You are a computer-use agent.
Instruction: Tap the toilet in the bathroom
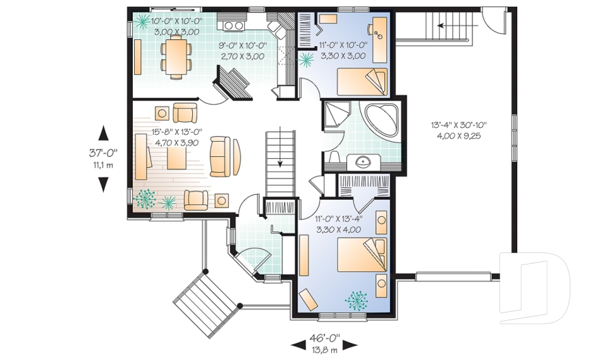tap(334, 158)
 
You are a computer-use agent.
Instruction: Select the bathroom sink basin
tap(364, 162)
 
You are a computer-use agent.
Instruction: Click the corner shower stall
tap(336, 114)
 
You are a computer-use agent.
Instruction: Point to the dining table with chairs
tap(176, 58)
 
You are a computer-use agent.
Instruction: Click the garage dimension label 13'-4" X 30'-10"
tap(458, 125)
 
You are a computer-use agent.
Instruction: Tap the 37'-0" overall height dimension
tap(103, 153)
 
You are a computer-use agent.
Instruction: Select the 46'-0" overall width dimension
tap(324, 338)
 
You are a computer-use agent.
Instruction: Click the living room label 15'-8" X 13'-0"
tap(176, 132)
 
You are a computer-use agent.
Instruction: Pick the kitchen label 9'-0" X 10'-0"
tap(242, 46)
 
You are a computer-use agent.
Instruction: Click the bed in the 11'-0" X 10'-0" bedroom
tap(362, 82)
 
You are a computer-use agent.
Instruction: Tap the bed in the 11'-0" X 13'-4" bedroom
tap(362, 255)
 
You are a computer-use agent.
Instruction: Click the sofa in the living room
tap(220, 156)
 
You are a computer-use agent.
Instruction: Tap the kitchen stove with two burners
tap(231, 25)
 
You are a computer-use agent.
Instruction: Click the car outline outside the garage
tap(535, 287)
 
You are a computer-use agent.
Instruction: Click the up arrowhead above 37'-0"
tap(103, 133)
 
